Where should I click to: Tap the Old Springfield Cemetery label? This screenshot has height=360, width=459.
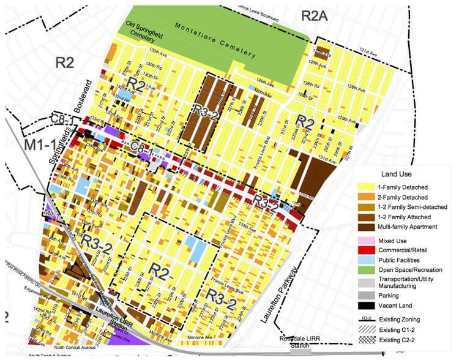tap(142, 27)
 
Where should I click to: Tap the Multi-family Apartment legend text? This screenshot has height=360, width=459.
tap(408, 227)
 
